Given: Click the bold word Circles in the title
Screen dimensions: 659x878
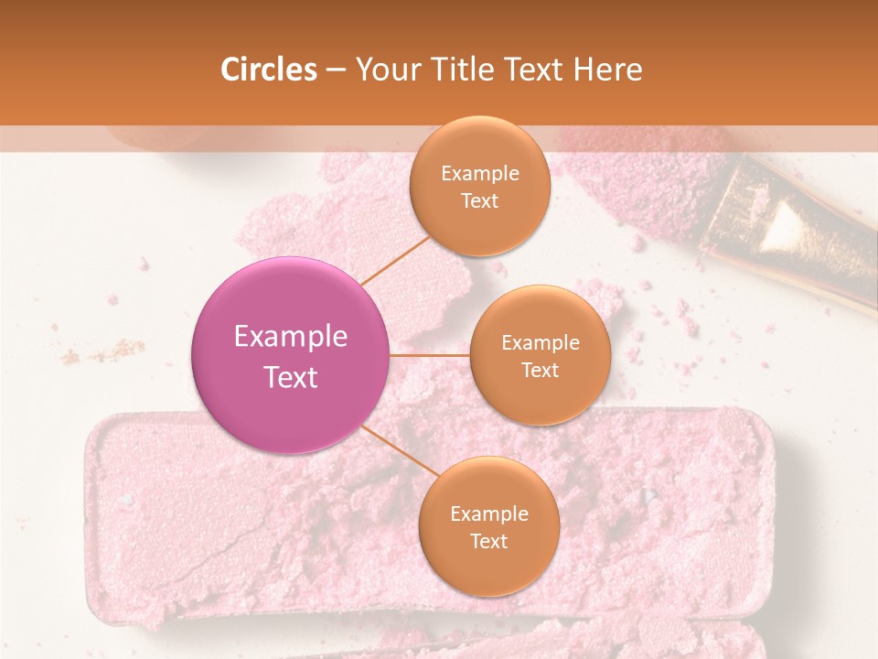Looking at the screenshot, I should click(268, 70).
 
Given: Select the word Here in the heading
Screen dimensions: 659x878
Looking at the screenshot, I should click(608, 70).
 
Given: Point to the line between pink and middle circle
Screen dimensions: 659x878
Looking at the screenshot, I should click(430, 354).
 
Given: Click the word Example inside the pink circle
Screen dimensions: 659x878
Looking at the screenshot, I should click(291, 337).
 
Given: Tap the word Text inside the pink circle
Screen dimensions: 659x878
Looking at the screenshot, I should click(291, 377).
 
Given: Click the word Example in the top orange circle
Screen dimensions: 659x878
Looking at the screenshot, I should click(480, 174).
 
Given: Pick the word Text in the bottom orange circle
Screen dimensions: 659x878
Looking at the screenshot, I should click(488, 541).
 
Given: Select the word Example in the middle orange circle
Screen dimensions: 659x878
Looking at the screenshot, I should click(541, 343).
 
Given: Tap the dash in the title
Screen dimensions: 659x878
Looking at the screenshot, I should click(335, 70).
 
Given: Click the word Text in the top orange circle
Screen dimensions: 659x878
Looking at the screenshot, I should click(480, 201).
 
